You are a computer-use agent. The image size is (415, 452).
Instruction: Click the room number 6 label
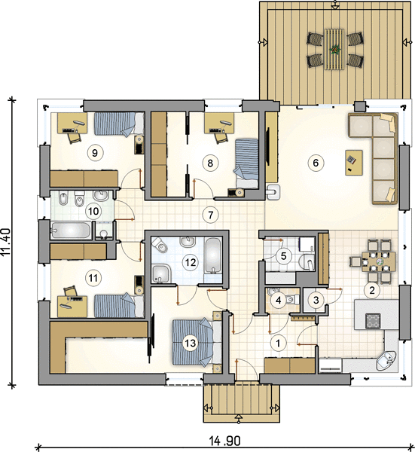[316, 163]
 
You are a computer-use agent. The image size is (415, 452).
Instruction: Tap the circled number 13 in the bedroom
[191, 343]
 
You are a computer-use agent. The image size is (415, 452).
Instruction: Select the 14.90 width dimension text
[224, 440]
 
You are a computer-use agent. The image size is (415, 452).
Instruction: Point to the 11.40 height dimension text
[5, 242]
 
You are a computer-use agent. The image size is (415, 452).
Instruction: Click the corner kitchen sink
[387, 360]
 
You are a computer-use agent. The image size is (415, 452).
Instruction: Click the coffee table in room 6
[354, 162]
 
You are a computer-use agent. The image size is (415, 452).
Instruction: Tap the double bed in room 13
[197, 342]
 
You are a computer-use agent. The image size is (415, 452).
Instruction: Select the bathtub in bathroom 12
[213, 255]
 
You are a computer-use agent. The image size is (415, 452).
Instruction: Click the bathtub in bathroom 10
[71, 230]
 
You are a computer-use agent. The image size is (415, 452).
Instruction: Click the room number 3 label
[316, 301]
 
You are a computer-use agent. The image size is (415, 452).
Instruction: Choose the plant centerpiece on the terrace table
[335, 50]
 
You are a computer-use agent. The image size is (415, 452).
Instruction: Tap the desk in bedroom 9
[72, 123]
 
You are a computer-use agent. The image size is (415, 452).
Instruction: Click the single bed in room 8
[247, 163]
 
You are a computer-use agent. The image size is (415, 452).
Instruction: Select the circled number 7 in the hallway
[210, 215]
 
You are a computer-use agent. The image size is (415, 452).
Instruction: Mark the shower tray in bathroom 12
[161, 273]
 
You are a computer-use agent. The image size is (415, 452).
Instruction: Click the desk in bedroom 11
[72, 307]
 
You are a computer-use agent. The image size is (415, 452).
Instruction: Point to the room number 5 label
[284, 255]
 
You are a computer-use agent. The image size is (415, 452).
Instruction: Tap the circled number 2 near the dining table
[372, 290]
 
